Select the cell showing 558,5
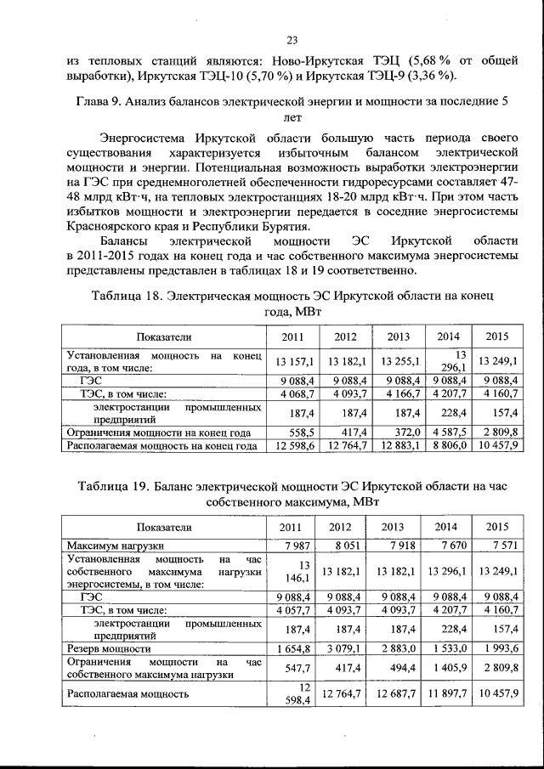point(303,432)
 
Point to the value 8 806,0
point(447,444)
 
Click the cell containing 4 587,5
point(447,432)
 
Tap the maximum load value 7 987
point(303,545)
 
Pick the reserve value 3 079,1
point(346,649)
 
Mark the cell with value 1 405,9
point(447,669)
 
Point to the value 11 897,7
point(447,694)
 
